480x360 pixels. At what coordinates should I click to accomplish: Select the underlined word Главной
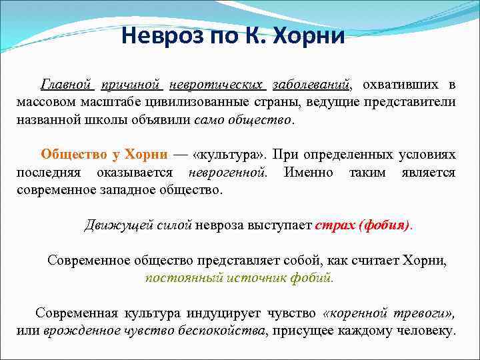65,85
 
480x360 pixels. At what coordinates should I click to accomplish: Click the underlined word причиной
132,85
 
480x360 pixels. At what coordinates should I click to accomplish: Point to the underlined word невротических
217,85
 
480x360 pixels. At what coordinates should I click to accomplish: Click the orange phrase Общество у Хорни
103,155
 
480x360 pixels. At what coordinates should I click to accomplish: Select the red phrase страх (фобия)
363,225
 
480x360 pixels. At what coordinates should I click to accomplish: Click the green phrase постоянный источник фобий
239,278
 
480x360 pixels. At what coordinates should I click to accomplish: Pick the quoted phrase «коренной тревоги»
388,313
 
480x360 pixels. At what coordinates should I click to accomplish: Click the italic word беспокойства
226,331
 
